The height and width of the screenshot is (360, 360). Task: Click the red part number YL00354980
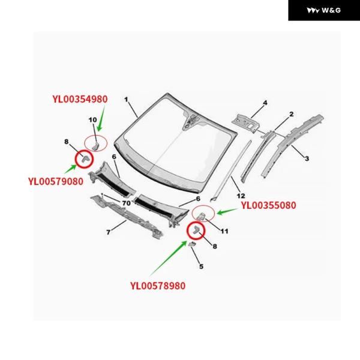(x=80, y=99)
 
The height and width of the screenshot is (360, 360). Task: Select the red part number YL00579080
(x=56, y=181)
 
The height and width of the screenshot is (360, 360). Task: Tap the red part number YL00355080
(x=268, y=205)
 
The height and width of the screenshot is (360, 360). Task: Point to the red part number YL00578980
(x=158, y=286)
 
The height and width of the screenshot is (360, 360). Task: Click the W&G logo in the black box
(x=324, y=10)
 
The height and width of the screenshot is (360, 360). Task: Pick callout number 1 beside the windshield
(x=126, y=100)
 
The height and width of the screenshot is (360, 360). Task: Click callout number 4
(x=265, y=103)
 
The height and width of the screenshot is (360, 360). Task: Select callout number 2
(x=291, y=114)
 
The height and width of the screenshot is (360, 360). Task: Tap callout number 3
(x=307, y=158)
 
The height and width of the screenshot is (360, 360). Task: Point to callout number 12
(x=241, y=196)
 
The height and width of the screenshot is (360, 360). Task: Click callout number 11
(x=224, y=231)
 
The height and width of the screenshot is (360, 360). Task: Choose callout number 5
(x=202, y=266)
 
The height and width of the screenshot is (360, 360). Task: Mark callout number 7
(x=109, y=232)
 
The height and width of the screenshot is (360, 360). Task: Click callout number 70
(x=126, y=203)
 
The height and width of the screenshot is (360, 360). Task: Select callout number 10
(x=93, y=120)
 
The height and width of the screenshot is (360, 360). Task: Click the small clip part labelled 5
(x=192, y=244)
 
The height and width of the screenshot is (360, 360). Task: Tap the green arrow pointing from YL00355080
(x=227, y=212)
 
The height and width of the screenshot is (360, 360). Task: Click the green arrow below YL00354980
(x=101, y=118)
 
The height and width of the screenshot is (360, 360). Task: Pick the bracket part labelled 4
(x=245, y=122)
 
